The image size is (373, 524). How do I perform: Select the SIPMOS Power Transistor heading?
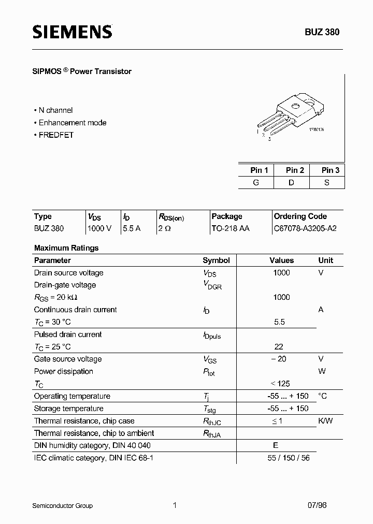coord(82,71)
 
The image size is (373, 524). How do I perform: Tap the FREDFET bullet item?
coord(55,135)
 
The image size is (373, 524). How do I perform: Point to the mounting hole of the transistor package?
coord(296,107)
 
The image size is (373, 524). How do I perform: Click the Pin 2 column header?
coord(295,170)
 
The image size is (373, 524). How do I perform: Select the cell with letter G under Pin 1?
coord(256,182)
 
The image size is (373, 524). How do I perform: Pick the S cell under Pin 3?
coord(327,182)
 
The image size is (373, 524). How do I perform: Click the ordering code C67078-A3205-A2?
coord(305,228)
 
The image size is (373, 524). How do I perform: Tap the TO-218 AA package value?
coord(231,228)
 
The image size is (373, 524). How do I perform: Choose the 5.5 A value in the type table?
coord(132,228)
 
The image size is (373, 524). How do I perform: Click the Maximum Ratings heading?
coord(66,248)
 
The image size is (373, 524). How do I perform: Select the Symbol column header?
coord(216,260)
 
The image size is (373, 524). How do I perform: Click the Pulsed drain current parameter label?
coord(68,334)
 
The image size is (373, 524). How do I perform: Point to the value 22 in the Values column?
coord(279,347)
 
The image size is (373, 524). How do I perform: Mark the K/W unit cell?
coord(325,421)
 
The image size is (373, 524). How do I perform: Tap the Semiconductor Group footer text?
coord(62,505)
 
